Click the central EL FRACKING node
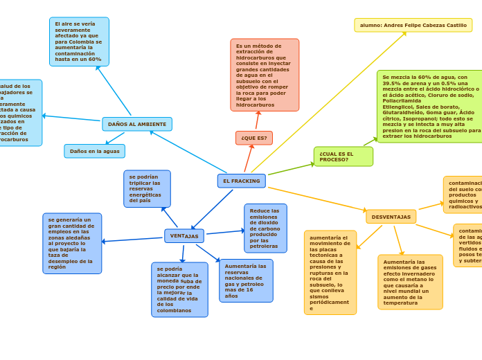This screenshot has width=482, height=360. pos(242,181)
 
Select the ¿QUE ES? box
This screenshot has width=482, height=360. pos(254,138)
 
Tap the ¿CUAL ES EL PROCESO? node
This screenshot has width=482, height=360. pos(343,156)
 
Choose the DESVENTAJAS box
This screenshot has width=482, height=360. pos(391,217)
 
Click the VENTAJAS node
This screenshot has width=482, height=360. pos(184,236)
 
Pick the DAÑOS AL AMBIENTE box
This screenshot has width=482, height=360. pos(137,124)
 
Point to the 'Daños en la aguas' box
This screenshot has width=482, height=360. pos(95,151)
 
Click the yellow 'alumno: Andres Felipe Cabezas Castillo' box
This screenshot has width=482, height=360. pos(413,25)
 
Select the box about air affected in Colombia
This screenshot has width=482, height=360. pos(79,42)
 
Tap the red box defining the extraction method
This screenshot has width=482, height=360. pos(265,75)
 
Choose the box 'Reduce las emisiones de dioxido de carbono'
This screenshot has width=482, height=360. pos(265,228)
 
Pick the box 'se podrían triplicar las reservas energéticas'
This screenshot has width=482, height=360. pos(147,188)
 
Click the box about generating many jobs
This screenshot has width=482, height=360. pos(72,243)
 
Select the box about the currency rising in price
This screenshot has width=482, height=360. pos(179,289)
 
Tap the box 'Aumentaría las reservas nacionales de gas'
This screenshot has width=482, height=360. pos(246,280)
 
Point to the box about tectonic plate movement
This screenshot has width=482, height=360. pos(330,273)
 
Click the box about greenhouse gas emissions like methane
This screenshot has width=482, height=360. pos(410,282)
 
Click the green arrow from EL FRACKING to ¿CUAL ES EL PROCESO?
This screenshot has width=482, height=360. pos(291,169)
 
